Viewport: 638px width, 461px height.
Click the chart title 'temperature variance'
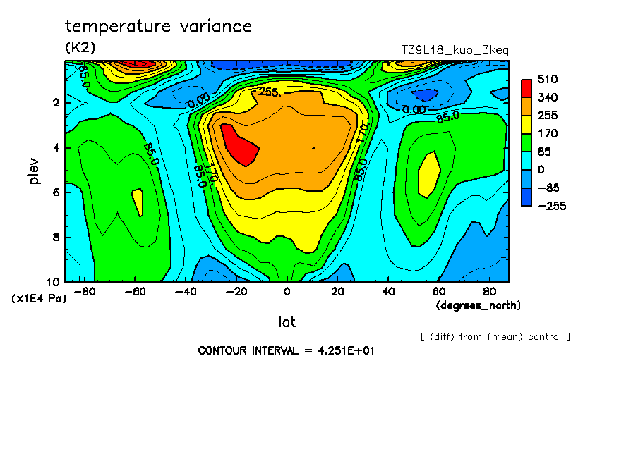(x=158, y=27)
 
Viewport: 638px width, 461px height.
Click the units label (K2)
(x=80, y=47)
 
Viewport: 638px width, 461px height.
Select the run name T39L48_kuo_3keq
(x=455, y=50)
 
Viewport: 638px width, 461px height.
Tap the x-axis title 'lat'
(x=287, y=322)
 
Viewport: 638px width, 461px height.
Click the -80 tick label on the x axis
(x=85, y=292)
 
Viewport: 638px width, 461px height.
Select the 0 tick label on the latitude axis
(x=287, y=292)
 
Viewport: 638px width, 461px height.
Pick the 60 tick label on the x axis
(x=438, y=292)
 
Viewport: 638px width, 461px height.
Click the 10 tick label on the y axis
(x=54, y=281)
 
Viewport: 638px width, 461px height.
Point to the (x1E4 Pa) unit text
(x=39, y=299)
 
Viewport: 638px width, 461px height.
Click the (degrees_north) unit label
(x=479, y=305)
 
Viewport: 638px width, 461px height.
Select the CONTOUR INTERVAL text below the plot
(x=286, y=350)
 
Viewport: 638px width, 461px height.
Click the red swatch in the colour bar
(x=526, y=87)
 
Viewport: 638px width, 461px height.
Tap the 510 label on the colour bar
(x=548, y=79)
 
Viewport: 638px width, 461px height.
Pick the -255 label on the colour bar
(x=551, y=206)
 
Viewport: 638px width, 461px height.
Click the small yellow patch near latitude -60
(x=138, y=202)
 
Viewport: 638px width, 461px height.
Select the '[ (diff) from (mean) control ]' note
(x=495, y=336)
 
